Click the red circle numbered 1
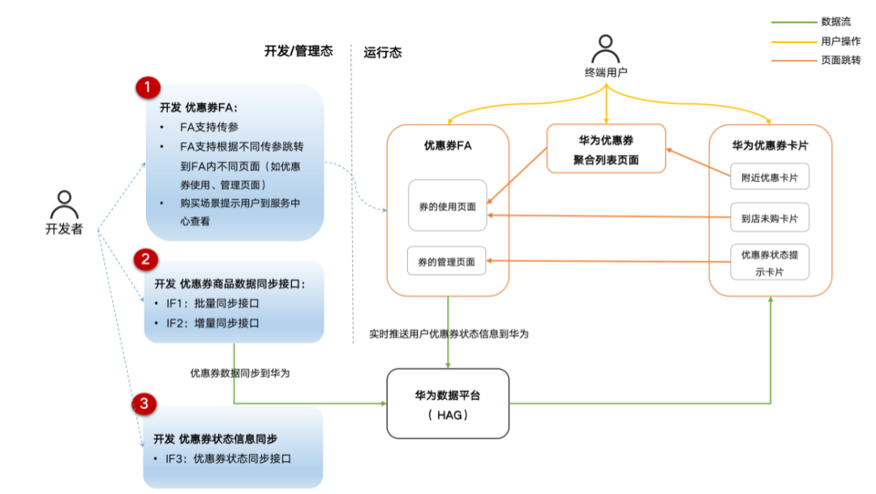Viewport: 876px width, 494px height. [147, 88]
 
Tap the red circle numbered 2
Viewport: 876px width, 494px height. [145, 260]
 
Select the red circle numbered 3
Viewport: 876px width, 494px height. [144, 403]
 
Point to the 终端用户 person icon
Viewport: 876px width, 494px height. [606, 49]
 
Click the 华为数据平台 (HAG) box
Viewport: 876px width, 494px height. [448, 404]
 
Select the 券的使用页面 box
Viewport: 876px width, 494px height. [447, 207]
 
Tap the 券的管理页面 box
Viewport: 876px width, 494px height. [447, 262]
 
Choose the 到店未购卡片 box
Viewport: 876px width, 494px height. [769, 218]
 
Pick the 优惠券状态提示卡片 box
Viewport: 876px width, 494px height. [769, 263]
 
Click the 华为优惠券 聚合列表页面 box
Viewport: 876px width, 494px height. [606, 149]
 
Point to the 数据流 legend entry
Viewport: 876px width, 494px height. [835, 22]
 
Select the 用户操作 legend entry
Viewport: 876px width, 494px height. [839, 41]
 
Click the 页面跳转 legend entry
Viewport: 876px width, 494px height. [839, 60]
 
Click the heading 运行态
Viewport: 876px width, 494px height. [383, 53]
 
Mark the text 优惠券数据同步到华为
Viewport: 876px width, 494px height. [240, 373]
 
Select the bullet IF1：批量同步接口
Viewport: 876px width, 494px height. [213, 303]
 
